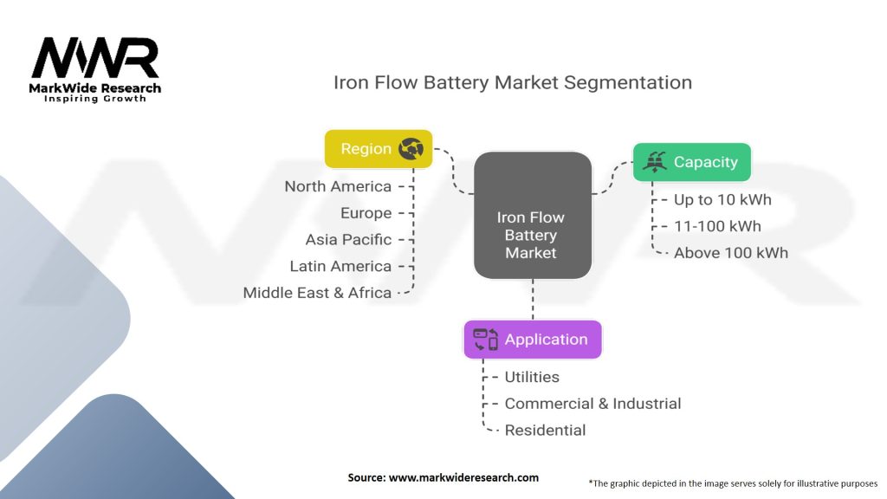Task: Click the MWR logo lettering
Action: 95,58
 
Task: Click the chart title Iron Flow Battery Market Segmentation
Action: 513,82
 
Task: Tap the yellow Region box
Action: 379,149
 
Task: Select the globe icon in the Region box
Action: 411,149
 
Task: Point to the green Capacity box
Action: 692,162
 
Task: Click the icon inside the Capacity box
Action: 655,162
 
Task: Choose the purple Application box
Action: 533,340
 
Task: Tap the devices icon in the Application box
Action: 485,340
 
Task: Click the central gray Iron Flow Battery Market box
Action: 533,215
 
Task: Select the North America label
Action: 338,187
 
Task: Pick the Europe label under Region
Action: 366,213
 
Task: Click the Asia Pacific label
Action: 348,240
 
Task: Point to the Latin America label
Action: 340,267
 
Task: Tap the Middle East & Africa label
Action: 317,293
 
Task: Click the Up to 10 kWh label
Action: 722,200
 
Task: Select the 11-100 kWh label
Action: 717,226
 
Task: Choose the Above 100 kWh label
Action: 731,253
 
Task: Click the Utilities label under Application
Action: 532,378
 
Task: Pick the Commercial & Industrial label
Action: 592,404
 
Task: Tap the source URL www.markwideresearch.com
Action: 464,477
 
